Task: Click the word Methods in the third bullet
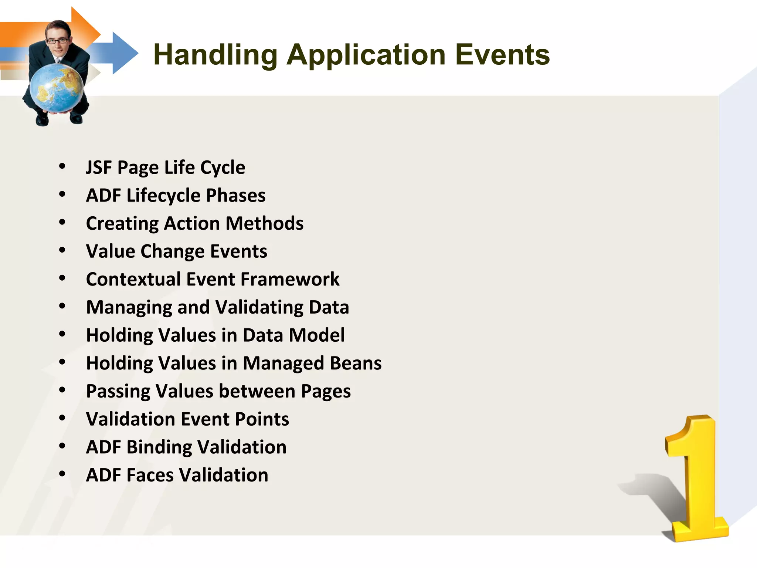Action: tap(265, 224)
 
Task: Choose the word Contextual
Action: tap(133, 280)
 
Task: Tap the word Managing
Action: tap(129, 308)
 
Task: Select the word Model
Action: tap(317, 335)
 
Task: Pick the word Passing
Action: tap(118, 392)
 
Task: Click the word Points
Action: tap(262, 419)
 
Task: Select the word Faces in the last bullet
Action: tap(150, 476)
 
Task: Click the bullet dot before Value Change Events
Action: tap(62, 250)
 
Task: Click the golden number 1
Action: tap(695, 481)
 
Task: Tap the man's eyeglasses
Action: tap(57, 41)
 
